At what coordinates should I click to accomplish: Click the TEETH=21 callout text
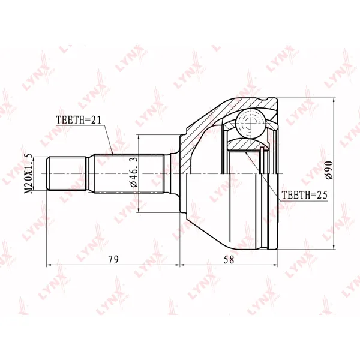click(x=79, y=120)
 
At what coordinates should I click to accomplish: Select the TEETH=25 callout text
click(x=304, y=195)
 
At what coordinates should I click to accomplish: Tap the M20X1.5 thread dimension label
click(x=29, y=173)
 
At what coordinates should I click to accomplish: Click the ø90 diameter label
click(x=328, y=170)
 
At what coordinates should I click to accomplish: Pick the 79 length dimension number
click(x=113, y=259)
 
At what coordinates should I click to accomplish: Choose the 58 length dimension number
click(x=229, y=259)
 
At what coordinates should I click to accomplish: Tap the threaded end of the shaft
click(x=67, y=173)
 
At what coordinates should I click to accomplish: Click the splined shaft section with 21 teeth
click(x=129, y=173)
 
